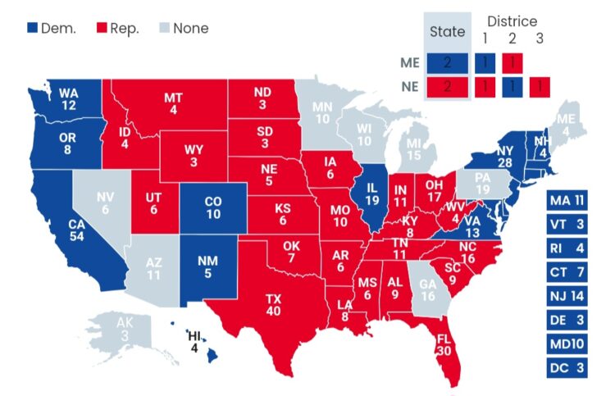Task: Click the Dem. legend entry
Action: point(52,29)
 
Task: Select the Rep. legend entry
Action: point(119,29)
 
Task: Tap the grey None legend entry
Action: point(182,29)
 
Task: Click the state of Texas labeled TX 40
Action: point(272,304)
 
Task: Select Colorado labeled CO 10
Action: point(213,207)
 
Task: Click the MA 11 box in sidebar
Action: point(567,199)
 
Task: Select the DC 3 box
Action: point(567,368)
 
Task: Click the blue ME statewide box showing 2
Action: point(448,62)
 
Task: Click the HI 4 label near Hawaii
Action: point(194,341)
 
